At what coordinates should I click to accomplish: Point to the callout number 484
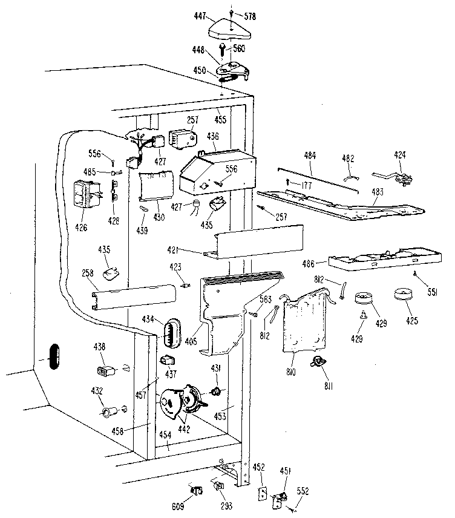pos(310,156)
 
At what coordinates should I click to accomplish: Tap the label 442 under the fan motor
pos(184,429)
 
